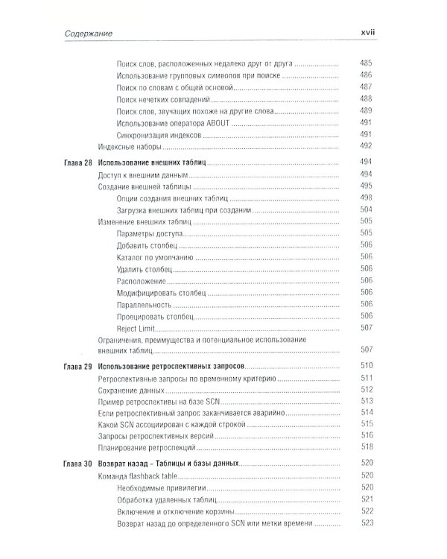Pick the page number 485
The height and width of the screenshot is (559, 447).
(x=365, y=63)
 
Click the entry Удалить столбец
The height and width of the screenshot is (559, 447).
(x=145, y=268)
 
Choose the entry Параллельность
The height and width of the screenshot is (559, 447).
(x=145, y=304)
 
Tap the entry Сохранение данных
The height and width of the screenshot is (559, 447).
(x=130, y=391)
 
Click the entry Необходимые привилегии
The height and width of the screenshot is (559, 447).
(x=159, y=487)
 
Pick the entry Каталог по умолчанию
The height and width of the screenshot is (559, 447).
(x=154, y=256)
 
